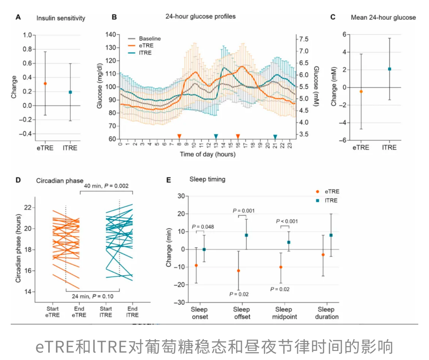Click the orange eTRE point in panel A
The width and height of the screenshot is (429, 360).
pyautogui.click(x=45, y=83)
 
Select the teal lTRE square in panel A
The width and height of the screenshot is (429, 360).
pyautogui.click(x=70, y=92)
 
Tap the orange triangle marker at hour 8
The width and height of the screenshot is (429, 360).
pyautogui.click(x=179, y=136)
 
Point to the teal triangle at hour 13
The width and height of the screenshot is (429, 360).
pyautogui.click(x=216, y=136)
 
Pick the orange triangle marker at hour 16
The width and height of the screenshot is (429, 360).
pyautogui.click(x=238, y=136)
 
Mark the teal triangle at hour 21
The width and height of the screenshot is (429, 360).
pyautogui.click(x=275, y=137)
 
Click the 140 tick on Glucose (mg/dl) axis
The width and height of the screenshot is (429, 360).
pyautogui.click(x=110, y=34)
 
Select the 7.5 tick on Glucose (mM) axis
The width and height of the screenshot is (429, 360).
pyautogui.click(x=304, y=40)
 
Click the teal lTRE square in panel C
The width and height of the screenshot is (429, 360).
pyautogui.click(x=389, y=69)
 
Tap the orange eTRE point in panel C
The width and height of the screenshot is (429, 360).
pyautogui.click(x=361, y=91)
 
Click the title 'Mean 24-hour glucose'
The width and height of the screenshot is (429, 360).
pyautogui.click(x=383, y=17)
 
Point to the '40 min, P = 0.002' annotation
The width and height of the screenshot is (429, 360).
pyautogui.click(x=106, y=186)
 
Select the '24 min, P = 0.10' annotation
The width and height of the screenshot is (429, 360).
pyautogui.click(x=93, y=296)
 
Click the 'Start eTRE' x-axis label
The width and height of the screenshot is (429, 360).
pyautogui.click(x=52, y=312)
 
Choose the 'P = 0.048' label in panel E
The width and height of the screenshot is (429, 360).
pyautogui.click(x=203, y=227)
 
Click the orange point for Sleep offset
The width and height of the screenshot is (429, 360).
pyautogui.click(x=239, y=271)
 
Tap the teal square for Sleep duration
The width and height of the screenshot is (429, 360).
pyautogui.click(x=331, y=235)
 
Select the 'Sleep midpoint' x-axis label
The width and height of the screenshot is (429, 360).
pyautogui.click(x=284, y=313)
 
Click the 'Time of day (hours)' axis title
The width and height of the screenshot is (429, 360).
pyautogui.click(x=207, y=154)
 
